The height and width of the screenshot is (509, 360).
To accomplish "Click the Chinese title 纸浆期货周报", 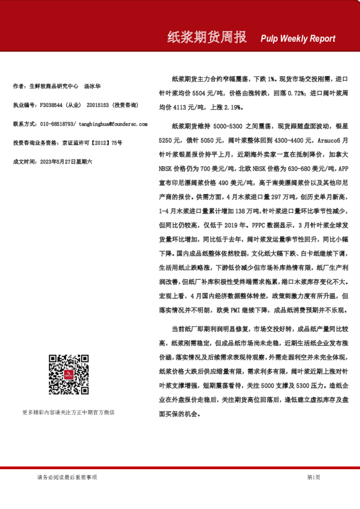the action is [x=206, y=37].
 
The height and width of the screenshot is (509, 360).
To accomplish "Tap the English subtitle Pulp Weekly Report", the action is [x=298, y=39].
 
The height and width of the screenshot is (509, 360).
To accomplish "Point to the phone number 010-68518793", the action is [x=58, y=124].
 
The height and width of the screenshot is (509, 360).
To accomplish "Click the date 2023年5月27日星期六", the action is [x=66, y=161].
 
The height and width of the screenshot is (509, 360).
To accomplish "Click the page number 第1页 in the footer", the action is [x=313, y=478].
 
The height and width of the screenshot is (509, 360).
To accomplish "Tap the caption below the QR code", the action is [x=68, y=412].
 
